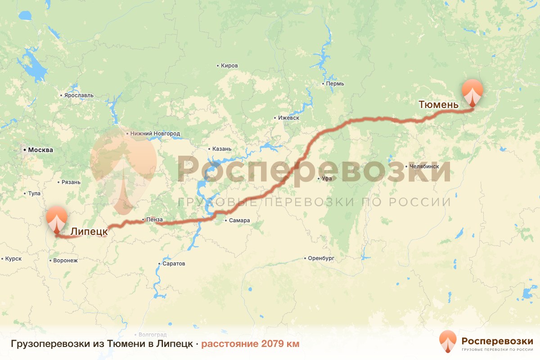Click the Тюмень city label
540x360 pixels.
(x=438, y=105)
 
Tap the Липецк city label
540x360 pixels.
(x=89, y=231)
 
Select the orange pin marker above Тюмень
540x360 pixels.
(x=472, y=91)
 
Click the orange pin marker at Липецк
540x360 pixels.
(x=57, y=219)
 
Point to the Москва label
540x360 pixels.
(x=40, y=150)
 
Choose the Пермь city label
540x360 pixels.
(x=335, y=84)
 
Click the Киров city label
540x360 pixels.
(x=229, y=66)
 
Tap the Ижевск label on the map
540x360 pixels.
(x=288, y=118)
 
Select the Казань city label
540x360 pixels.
(x=221, y=149)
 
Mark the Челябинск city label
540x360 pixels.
(x=424, y=166)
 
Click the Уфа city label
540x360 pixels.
(x=327, y=179)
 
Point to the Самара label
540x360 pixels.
(x=239, y=220)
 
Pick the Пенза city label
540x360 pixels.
(x=154, y=220)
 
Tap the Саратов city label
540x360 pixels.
(x=174, y=264)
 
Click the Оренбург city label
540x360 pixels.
(x=321, y=258)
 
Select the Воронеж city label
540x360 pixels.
(x=65, y=260)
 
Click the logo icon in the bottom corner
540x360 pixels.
(x=448, y=341)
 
